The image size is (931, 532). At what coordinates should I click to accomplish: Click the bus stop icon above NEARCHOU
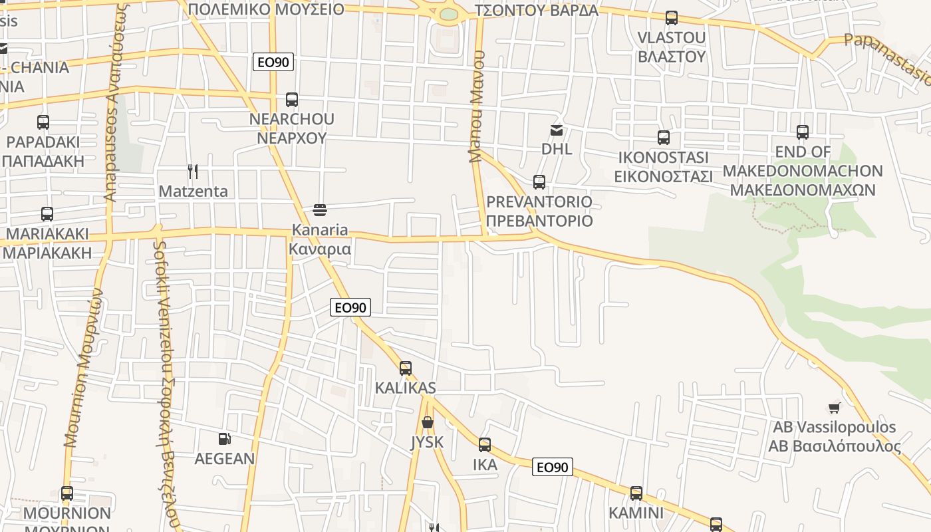tap(291, 100)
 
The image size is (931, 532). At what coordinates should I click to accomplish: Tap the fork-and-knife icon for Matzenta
tap(193, 172)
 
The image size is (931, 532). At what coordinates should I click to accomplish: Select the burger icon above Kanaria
tap(319, 211)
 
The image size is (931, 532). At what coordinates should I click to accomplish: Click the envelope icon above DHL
tap(556, 130)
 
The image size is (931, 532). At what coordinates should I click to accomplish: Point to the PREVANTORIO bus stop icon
tap(539, 182)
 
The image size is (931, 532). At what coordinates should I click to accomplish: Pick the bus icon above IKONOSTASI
tap(663, 138)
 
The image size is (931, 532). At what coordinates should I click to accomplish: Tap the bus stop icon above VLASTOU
tap(672, 18)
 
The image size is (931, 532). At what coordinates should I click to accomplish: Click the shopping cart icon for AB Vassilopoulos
tap(834, 408)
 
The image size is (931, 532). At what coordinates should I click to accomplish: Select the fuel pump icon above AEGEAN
tap(225, 439)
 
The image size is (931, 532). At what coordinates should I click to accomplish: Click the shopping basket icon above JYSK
tap(427, 422)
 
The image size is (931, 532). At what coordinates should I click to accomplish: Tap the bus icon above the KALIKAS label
tap(405, 368)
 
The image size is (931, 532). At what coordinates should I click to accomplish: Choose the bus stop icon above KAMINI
tap(636, 493)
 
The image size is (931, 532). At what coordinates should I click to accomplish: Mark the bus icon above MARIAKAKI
tap(47, 214)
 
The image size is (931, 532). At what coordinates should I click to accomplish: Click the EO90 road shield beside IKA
tap(552, 467)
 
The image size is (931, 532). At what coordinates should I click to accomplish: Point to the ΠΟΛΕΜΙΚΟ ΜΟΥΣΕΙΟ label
tap(266, 9)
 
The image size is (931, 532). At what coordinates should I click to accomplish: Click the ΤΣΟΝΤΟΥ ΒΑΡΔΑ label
tap(537, 10)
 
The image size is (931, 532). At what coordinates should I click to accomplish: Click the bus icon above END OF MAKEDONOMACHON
tap(803, 132)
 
